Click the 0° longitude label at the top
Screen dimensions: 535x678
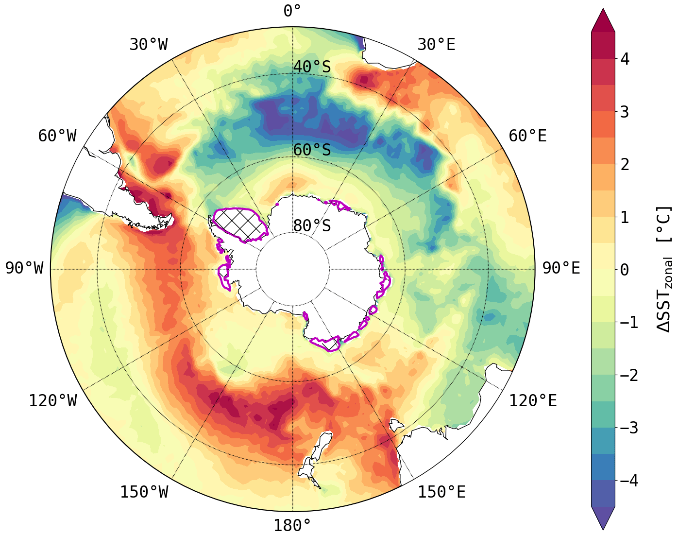tap(292, 11)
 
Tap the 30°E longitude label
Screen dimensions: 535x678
tap(436, 45)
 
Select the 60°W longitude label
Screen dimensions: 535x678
tap(57, 136)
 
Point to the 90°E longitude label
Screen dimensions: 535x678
tap(561, 268)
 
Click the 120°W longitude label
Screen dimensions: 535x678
tap(52, 401)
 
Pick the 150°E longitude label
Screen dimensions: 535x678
tap(441, 492)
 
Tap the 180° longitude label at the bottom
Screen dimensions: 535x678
tap(292, 525)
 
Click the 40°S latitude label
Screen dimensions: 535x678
tap(312, 67)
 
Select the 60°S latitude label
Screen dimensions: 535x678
tap(312, 150)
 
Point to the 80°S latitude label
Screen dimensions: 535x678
tap(312, 226)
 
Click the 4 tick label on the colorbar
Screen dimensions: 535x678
tap(625, 59)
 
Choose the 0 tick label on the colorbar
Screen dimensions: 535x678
tap(625, 270)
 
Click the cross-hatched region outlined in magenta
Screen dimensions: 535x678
tap(239, 223)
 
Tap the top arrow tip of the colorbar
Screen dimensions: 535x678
tap(603, 10)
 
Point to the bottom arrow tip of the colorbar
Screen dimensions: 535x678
tap(603, 529)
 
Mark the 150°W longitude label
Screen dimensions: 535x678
tap(144, 492)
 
